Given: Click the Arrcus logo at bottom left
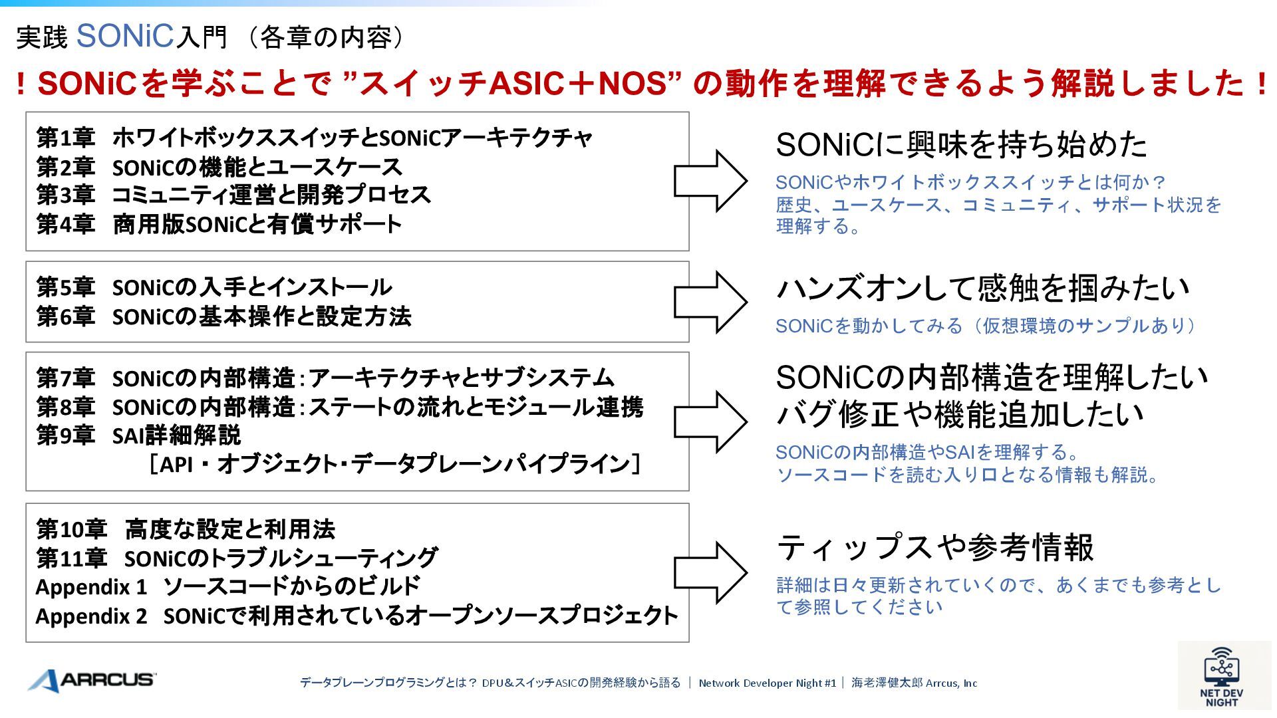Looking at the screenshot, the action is click(92, 680).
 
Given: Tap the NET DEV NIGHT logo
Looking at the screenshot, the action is click(1222, 677).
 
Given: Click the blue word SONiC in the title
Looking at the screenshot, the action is click(125, 36).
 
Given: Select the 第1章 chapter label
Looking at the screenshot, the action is click(65, 138).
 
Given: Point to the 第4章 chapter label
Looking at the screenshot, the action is click(65, 225).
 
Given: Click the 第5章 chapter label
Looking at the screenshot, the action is click(65, 288).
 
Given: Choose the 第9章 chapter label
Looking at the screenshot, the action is click(65, 436).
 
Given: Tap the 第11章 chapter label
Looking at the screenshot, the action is click(71, 558).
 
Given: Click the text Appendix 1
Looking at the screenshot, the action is click(91, 588).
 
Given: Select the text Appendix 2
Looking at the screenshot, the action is click(91, 617).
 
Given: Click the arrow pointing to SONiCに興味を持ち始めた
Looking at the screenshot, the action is click(710, 181).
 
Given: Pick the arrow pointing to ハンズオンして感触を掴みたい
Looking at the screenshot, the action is click(710, 302).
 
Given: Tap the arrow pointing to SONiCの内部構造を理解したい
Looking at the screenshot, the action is click(710, 421).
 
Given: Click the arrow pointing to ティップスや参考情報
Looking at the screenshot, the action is click(710, 572).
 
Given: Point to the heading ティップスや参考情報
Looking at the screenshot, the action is click(934, 548).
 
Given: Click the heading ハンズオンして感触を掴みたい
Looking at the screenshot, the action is click(982, 289).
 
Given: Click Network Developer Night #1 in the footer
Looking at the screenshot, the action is click(767, 683).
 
